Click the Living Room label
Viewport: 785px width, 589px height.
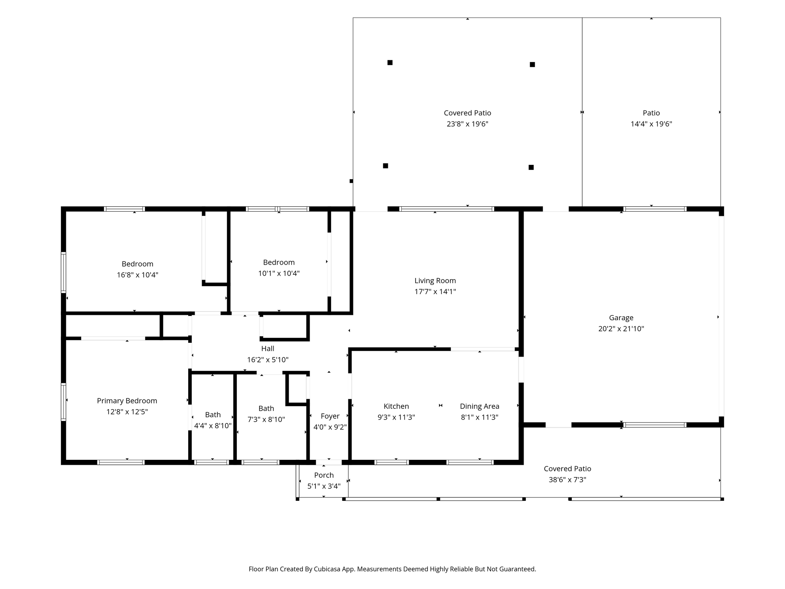pyautogui.click(x=435, y=281)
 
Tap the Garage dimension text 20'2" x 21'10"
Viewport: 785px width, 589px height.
pyautogui.click(x=621, y=329)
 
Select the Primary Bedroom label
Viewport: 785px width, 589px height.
pyautogui.click(x=127, y=401)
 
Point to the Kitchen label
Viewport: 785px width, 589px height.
pyautogui.click(x=396, y=406)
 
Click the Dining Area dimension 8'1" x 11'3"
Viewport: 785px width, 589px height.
pyautogui.click(x=480, y=417)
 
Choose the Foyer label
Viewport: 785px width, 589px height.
pyautogui.click(x=330, y=416)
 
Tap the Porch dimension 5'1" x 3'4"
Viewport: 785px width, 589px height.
pyautogui.click(x=324, y=486)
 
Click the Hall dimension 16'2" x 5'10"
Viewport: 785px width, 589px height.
pyautogui.click(x=268, y=360)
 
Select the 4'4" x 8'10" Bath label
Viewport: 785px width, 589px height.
pyautogui.click(x=213, y=415)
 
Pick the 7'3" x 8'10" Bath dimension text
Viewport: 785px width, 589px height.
pyautogui.click(x=266, y=420)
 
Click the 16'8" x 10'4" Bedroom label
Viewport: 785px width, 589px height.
pyautogui.click(x=138, y=264)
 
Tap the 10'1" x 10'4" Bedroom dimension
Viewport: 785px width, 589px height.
pyautogui.click(x=279, y=273)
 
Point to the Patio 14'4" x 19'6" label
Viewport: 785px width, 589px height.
pyautogui.click(x=651, y=113)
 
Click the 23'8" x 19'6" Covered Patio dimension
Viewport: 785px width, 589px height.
pyautogui.click(x=467, y=124)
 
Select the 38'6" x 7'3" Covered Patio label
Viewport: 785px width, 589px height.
pyautogui.click(x=567, y=469)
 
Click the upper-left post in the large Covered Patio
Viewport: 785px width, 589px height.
pyautogui.click(x=390, y=63)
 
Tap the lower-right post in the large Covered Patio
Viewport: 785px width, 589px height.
pyautogui.click(x=531, y=167)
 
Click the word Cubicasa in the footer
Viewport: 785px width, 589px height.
pyautogui.click(x=328, y=569)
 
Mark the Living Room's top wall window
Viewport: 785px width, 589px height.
pyautogui.click(x=447, y=209)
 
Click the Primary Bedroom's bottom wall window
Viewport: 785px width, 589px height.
pyautogui.click(x=121, y=462)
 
